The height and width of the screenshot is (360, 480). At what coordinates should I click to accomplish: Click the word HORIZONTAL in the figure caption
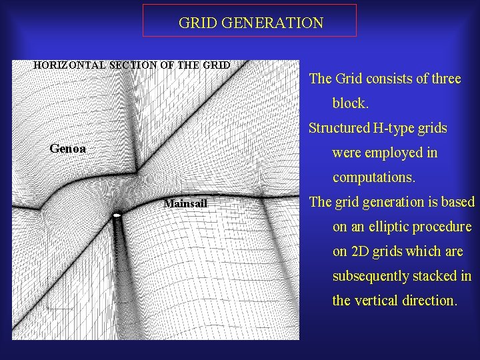(x=65, y=65)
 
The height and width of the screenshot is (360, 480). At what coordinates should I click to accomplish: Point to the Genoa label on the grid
(x=68, y=149)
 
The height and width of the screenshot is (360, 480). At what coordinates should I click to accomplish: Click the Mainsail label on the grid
(x=185, y=203)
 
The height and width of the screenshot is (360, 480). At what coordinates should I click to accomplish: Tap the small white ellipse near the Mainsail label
(x=117, y=215)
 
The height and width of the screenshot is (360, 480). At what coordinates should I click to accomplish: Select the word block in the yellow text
(x=349, y=103)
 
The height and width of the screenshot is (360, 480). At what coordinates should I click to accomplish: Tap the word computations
(x=373, y=178)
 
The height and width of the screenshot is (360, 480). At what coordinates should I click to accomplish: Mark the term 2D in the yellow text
(x=361, y=251)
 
